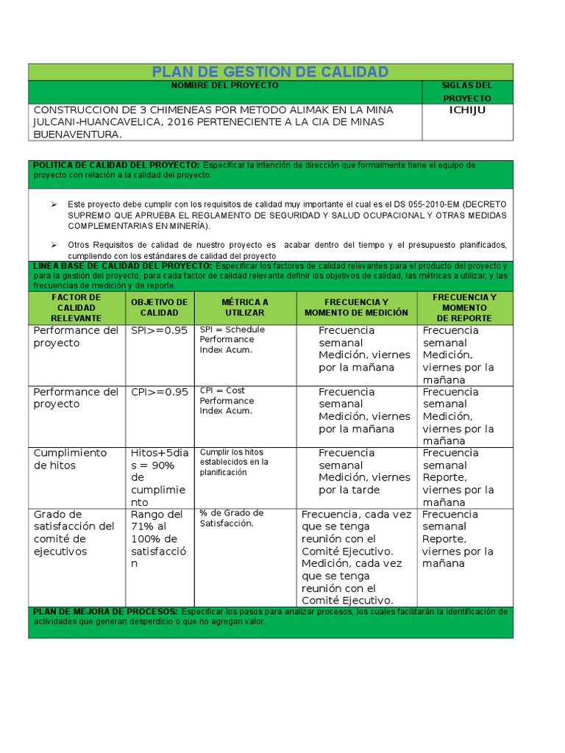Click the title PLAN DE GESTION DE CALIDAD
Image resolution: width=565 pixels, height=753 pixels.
click(269, 71)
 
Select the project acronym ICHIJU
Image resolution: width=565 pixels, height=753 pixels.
click(467, 110)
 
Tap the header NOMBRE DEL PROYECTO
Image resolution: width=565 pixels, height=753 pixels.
click(224, 86)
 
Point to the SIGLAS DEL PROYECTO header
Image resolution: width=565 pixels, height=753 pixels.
click(466, 92)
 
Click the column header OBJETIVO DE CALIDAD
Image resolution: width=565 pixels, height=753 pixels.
click(159, 307)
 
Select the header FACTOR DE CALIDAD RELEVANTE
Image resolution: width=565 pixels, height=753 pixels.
click(76, 307)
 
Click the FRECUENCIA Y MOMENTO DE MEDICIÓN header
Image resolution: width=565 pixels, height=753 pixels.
click(356, 307)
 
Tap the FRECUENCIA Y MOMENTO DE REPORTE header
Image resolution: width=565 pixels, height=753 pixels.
click(465, 307)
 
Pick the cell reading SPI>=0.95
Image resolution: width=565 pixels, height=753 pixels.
click(159, 330)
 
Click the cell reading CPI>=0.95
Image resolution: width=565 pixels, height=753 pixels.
click(159, 392)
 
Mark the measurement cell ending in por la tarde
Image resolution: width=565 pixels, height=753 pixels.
click(363, 471)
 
